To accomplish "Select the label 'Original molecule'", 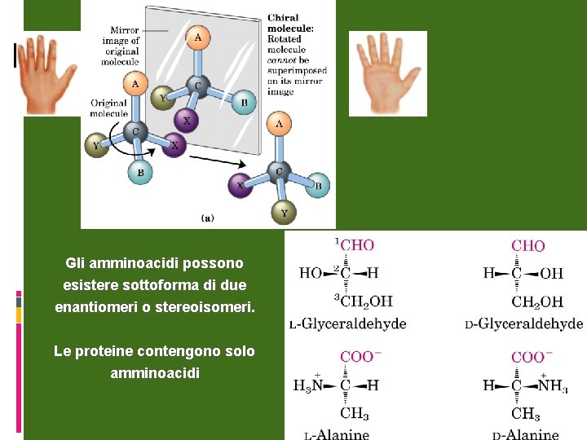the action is pos(108,108).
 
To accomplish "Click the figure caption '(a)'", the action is pos(208,218).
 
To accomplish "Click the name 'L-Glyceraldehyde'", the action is pos(348,323).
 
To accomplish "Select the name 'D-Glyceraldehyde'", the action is pos(523,323).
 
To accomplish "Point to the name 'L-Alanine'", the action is pos(337,434).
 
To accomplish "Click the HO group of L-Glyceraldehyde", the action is pos(311,273).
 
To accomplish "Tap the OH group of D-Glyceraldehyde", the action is pos(552,273).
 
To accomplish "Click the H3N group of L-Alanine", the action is pos(307,385).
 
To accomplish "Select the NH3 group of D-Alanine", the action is pos(554,385).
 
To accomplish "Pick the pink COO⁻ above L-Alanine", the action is pos(358,356).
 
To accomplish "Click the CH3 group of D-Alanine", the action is pos(526,414).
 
